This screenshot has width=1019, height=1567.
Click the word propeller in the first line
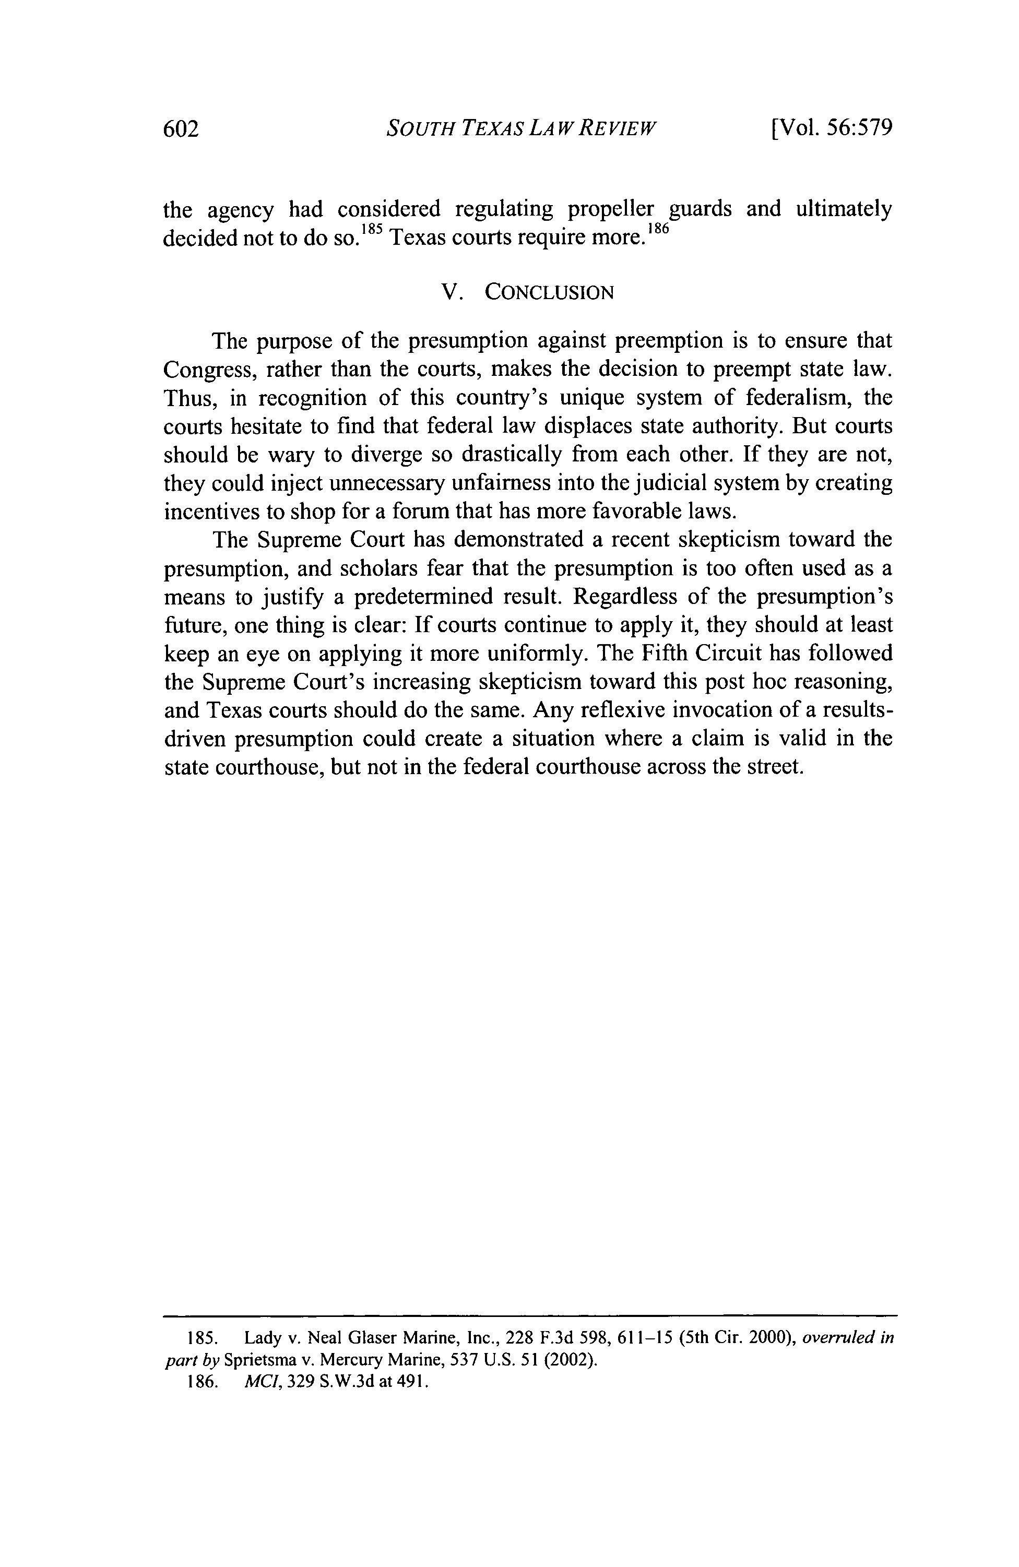tap(612, 210)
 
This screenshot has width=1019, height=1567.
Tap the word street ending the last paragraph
tap(777, 768)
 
